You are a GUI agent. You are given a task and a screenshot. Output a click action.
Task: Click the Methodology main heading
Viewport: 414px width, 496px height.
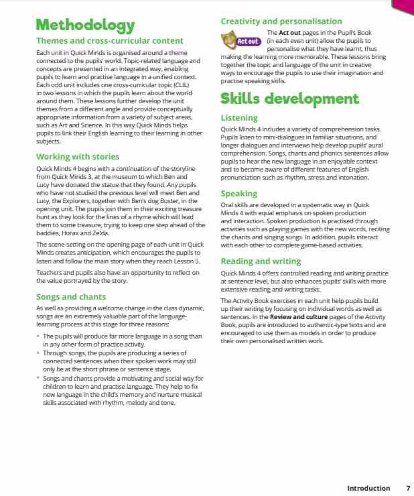tap(85, 25)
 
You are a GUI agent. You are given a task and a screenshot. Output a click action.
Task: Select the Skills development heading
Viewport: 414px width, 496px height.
tap(289, 99)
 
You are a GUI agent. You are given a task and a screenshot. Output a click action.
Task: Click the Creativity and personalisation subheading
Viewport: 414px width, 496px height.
tap(281, 21)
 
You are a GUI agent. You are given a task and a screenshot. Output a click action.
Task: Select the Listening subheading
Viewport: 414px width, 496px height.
tap(239, 118)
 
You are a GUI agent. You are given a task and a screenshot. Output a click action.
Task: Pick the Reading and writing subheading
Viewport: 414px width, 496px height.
tap(261, 261)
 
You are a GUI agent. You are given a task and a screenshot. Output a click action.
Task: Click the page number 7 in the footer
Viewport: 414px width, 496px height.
tap(408, 488)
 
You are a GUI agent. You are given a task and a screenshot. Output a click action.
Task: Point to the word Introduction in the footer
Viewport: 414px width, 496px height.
tap(368, 488)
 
